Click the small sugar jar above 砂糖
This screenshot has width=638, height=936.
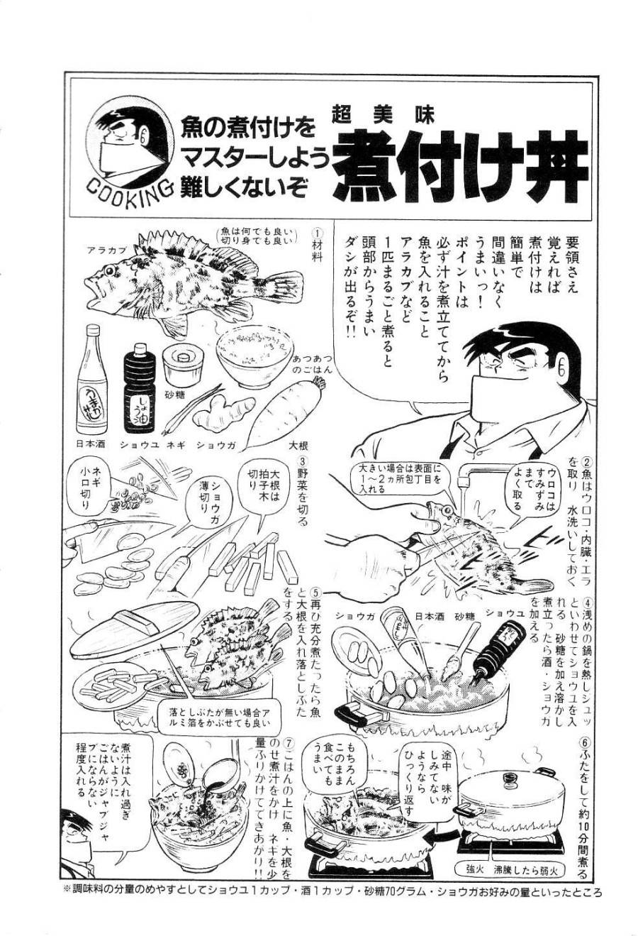pyautogui.click(x=179, y=365)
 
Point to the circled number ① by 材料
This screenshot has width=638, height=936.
pyautogui.click(x=317, y=233)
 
